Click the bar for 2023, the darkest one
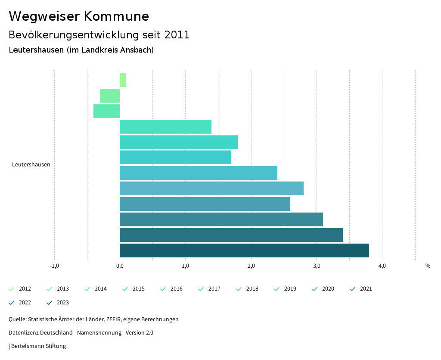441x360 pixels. (x=244, y=250)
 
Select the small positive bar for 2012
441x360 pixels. (x=123, y=80)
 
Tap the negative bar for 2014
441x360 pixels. (x=106, y=111)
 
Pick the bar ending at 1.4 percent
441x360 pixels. (x=165, y=127)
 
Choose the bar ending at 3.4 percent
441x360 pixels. (x=231, y=235)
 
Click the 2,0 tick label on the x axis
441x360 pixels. (x=251, y=266)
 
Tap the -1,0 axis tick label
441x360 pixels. (x=54, y=266)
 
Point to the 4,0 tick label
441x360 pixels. (x=382, y=266)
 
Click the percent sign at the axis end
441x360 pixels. (x=428, y=266)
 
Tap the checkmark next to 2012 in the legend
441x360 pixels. (x=12, y=289)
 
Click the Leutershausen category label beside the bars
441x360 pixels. (x=31, y=165)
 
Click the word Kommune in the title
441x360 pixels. (x=116, y=16)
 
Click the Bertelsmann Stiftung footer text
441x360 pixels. (x=38, y=346)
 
